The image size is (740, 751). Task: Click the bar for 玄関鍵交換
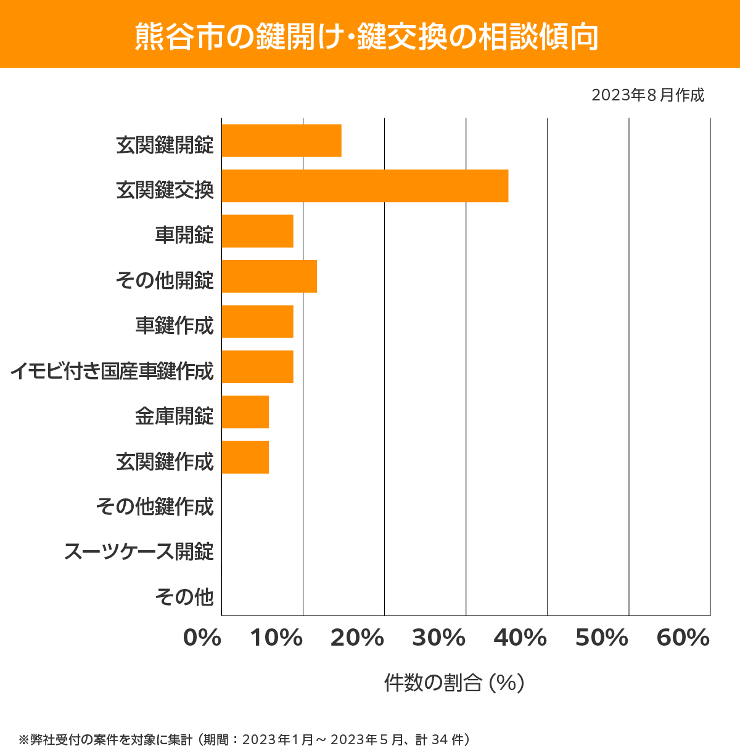[365, 185]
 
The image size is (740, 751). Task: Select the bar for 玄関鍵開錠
[281, 140]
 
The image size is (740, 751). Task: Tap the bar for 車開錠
[257, 231]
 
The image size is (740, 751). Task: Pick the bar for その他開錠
[269, 276]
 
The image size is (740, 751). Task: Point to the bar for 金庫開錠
[245, 412]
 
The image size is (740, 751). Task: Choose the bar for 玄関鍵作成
[245, 457]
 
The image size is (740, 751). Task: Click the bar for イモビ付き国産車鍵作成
[257, 367]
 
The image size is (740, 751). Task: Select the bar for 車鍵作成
[257, 322]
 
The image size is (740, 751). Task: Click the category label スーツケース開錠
[139, 551]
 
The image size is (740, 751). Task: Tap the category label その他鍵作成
[155, 506]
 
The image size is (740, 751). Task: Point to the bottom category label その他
[184, 596]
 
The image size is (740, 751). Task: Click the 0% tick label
[202, 638]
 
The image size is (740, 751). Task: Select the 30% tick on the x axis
[438, 638]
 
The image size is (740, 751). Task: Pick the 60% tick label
[683, 638]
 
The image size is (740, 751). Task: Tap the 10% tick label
[276, 638]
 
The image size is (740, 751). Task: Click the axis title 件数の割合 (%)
[454, 683]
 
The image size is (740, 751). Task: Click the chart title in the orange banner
[366, 36]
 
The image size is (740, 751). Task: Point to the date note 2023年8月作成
[647, 95]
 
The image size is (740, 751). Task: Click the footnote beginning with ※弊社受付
[245, 739]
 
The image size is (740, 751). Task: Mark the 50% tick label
[602, 638]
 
